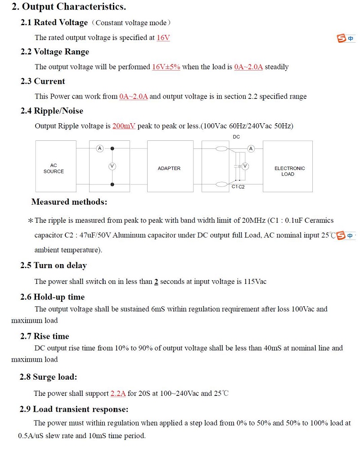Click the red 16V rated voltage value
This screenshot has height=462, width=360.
pos(163,38)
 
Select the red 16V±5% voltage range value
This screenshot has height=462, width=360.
pos(166,67)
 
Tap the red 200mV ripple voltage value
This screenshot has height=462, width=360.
pos(124,126)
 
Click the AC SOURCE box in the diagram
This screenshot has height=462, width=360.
pos(54,168)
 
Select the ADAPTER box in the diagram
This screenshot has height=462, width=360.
pos(169,168)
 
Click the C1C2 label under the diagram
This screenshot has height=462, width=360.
pos(238,187)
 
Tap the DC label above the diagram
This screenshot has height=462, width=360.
pos(236,137)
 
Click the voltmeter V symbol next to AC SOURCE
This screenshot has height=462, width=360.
pos(112,166)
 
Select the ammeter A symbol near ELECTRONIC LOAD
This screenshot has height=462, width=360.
pos(251,148)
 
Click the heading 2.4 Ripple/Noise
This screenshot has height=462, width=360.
pos(52,111)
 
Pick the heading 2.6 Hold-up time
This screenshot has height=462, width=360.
pos(52,297)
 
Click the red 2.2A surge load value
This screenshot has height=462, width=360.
pos(118,394)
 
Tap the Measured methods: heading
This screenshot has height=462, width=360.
pos(69,202)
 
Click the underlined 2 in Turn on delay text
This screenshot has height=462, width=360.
pos(156,282)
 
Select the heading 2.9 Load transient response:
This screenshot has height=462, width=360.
pos(74,409)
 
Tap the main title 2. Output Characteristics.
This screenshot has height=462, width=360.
pos(68,7)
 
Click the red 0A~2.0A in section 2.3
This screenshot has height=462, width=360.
pos(133,97)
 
